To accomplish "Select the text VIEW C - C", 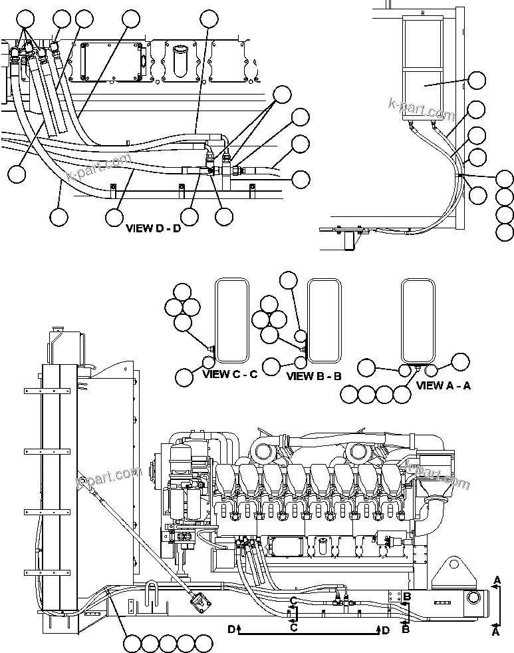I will click(x=229, y=375).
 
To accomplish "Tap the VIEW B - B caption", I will click(x=314, y=376).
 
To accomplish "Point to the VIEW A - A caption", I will click(x=443, y=385).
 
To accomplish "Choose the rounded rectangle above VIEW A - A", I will click(x=418, y=321).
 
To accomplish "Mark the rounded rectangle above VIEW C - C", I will click(x=232, y=321).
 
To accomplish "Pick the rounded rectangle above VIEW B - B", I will click(x=324, y=321).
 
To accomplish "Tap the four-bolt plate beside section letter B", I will click(x=392, y=598).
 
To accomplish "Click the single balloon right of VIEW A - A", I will click(x=461, y=361).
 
